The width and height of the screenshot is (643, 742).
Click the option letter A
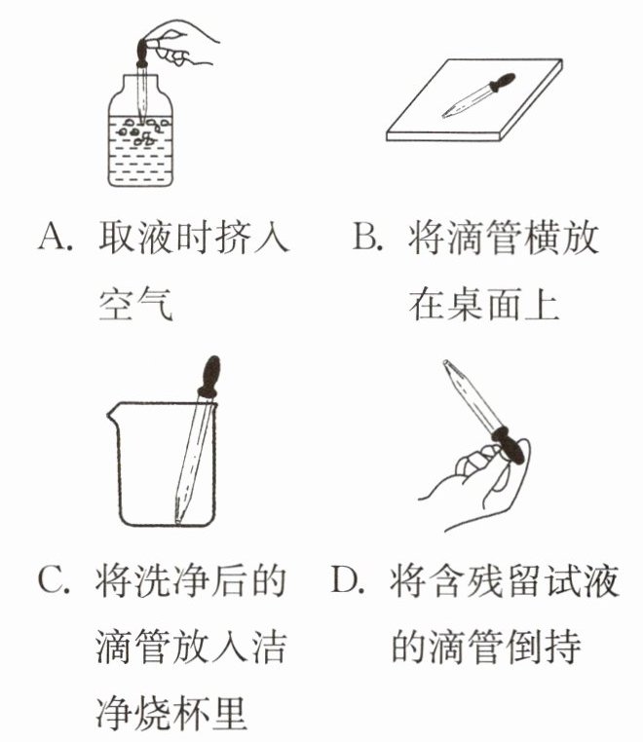click(x=53, y=237)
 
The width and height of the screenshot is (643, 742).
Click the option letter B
click(x=366, y=236)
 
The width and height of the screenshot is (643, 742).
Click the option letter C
click(x=52, y=580)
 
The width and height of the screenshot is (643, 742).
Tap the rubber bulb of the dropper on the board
click(x=502, y=83)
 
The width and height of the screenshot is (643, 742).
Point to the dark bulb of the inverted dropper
click(x=510, y=444)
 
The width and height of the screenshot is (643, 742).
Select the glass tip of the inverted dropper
click(x=447, y=365)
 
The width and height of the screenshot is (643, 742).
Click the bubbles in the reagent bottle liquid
click(x=143, y=131)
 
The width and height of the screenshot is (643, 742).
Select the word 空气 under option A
click(x=135, y=304)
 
